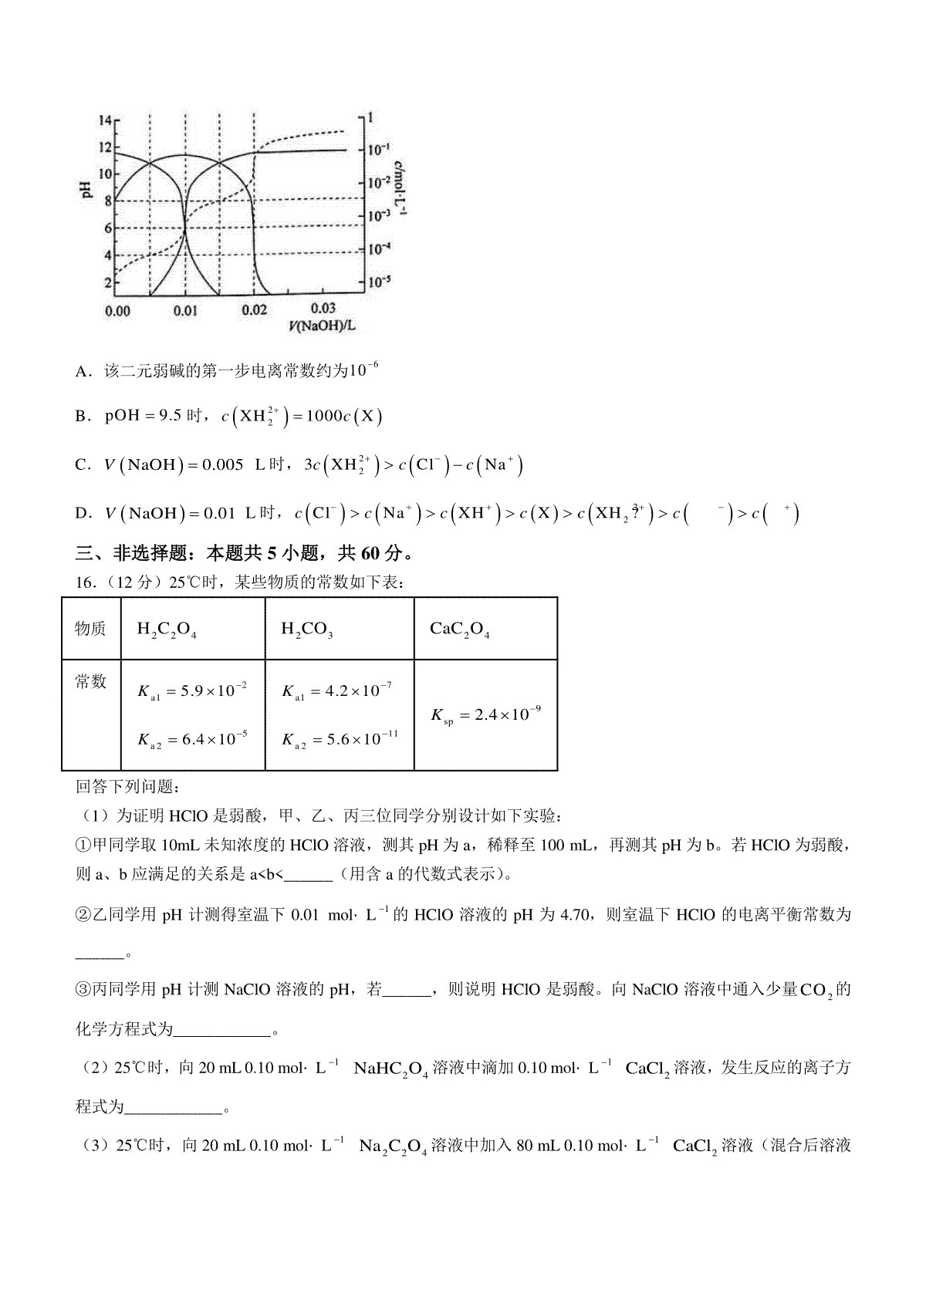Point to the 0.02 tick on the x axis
click(x=254, y=310)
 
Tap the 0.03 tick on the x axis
click(x=323, y=309)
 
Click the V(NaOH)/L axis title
click(x=323, y=326)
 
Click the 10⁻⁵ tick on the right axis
click(x=379, y=282)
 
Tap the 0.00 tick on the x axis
click(x=117, y=311)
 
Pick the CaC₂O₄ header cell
click(x=460, y=630)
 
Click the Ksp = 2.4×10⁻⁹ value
click(x=485, y=715)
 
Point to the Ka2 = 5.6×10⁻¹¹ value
click(x=340, y=740)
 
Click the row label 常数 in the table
click(x=90, y=682)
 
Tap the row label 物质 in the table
click(x=90, y=629)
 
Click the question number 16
click(x=84, y=583)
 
